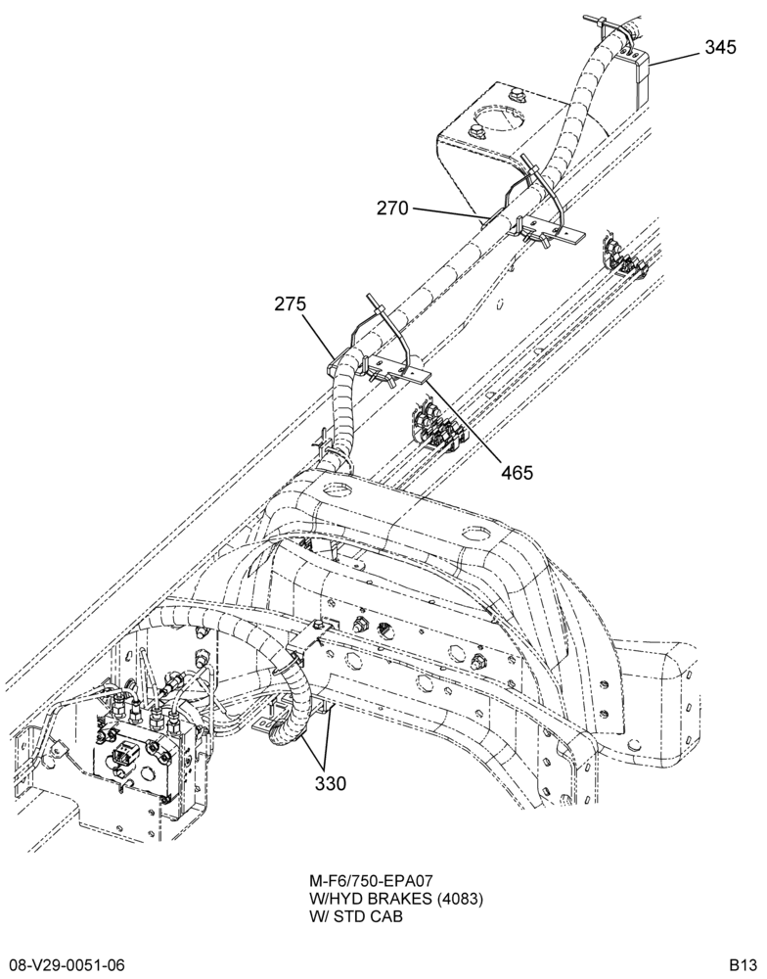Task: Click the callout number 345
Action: pyautogui.click(x=720, y=47)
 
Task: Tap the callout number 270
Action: pyautogui.click(x=392, y=208)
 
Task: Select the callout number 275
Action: pyautogui.click(x=291, y=304)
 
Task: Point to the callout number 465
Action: pyautogui.click(x=518, y=473)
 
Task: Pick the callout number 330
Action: pyautogui.click(x=330, y=783)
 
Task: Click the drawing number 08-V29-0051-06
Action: pyautogui.click(x=63, y=965)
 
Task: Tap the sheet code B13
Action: pyautogui.click(x=744, y=965)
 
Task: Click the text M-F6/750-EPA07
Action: pyautogui.click(x=372, y=881)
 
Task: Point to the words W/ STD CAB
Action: pyautogui.click(x=356, y=916)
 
